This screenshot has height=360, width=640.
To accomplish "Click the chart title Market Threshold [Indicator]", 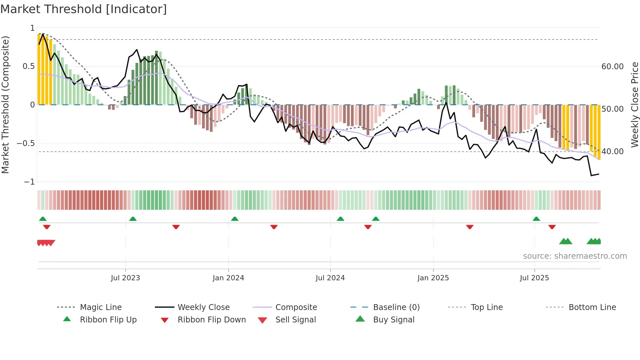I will pyautogui.click(x=84, y=9).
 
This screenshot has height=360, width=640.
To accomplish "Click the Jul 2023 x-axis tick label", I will pyautogui.click(x=125, y=278).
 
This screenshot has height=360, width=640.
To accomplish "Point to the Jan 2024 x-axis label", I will pyautogui.click(x=228, y=278).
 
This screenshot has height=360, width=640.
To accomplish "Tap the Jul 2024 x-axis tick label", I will pyautogui.click(x=330, y=278).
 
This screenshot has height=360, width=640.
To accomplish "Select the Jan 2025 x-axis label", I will pyautogui.click(x=433, y=278).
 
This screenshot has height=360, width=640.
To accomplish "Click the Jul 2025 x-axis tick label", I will pyautogui.click(x=535, y=278).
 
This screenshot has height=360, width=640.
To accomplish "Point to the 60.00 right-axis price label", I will pyautogui.click(x=613, y=67).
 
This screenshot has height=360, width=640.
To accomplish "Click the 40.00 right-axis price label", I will pyautogui.click(x=613, y=152).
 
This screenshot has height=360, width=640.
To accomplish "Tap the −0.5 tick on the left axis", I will pyautogui.click(x=26, y=143).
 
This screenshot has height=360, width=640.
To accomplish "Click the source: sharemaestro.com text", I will pyautogui.click(x=575, y=256).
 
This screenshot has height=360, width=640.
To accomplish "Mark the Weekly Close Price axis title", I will pyautogui.click(x=634, y=105).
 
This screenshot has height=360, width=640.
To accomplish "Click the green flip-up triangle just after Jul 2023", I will pyautogui.click(x=133, y=219).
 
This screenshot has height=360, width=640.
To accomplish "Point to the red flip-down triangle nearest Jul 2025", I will pyautogui.click(x=552, y=227).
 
